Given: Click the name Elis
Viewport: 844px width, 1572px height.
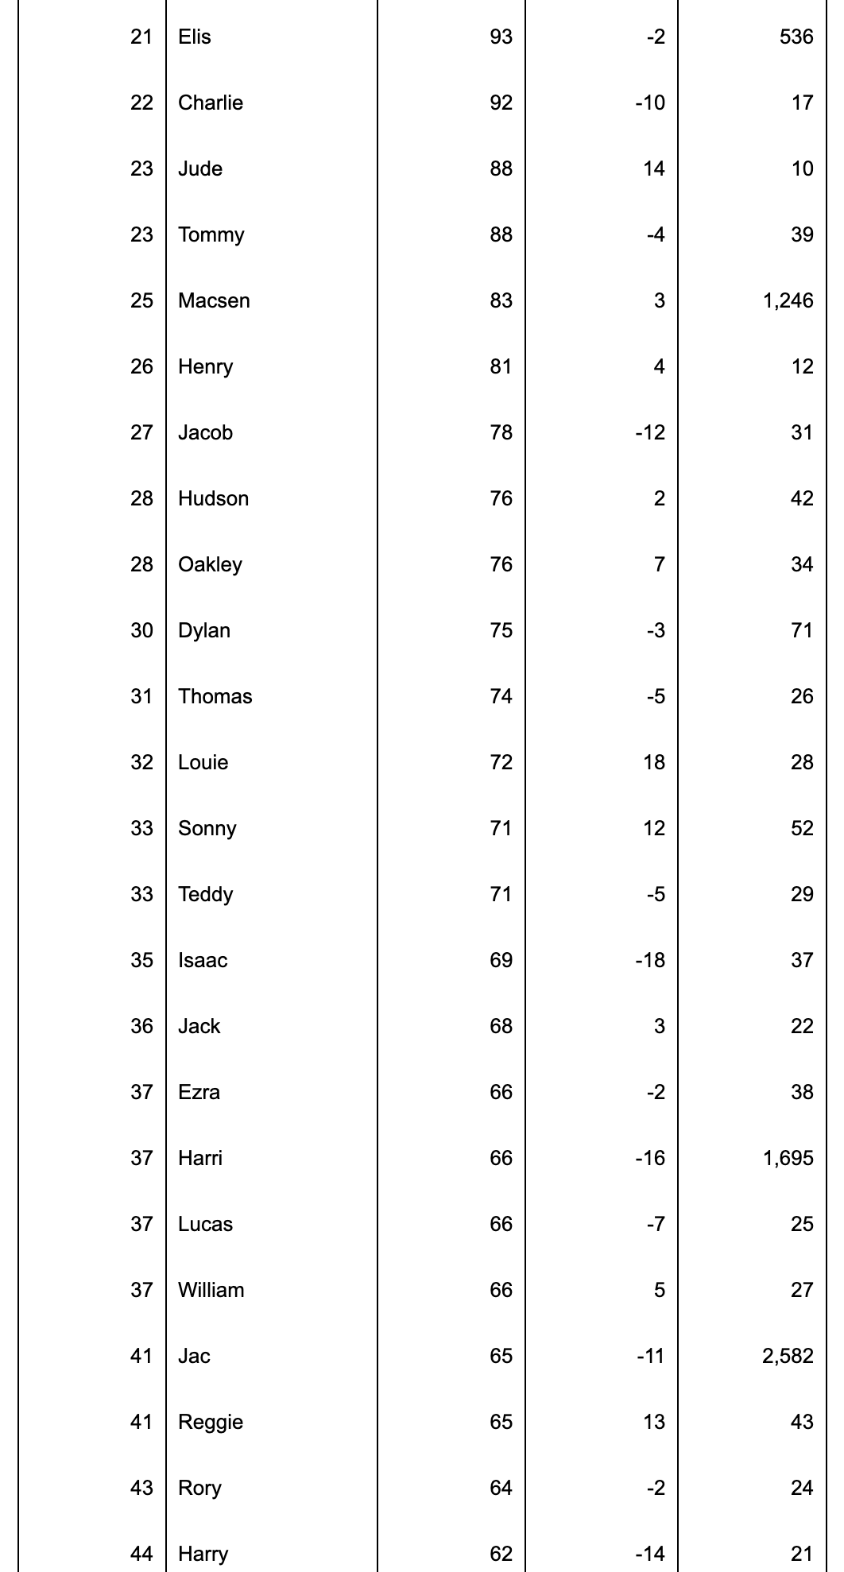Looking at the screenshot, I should point(195,37).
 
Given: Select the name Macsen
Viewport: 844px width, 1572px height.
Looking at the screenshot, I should point(214,300).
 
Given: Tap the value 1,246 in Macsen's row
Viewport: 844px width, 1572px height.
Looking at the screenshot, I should point(788,300).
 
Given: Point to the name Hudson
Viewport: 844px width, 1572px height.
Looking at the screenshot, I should point(213,498).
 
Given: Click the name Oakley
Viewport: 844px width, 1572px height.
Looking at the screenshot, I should point(210,564).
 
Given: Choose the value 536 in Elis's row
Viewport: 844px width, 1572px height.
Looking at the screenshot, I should point(796,37).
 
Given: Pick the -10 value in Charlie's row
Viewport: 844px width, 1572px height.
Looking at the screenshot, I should point(650,103).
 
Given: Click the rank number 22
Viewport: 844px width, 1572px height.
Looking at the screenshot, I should point(141,103).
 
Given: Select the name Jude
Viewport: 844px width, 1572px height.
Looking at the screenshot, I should point(200,168).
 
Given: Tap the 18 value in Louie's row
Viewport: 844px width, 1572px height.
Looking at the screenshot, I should point(654,762).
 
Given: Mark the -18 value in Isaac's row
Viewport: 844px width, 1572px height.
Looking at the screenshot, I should point(650,960).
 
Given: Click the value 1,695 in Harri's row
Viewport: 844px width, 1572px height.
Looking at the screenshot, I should point(788,1158).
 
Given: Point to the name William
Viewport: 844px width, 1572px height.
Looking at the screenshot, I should point(211,1290).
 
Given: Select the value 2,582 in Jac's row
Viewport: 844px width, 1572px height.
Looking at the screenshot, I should point(788,1356).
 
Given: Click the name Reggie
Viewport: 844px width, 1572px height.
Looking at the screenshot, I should point(211,1422).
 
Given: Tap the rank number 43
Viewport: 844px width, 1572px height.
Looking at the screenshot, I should point(141,1488).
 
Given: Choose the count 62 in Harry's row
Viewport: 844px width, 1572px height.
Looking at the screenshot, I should point(501,1554).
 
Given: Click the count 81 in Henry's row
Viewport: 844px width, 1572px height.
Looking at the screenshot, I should point(501,366).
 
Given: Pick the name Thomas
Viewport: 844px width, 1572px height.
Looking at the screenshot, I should point(215,696).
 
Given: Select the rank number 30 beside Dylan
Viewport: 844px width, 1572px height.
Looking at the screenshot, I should point(141,630).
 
